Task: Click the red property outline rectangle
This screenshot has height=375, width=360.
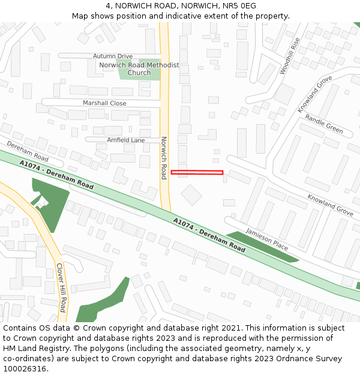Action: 197,173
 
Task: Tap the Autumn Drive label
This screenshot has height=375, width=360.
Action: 113,56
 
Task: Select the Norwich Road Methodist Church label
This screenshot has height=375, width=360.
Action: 139,69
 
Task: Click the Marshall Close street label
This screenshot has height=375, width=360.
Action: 104,103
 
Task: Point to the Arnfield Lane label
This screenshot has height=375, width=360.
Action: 126,140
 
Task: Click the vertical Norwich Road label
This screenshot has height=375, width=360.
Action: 163,158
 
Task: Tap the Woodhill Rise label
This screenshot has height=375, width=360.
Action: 289,56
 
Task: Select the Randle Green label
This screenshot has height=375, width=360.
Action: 323,124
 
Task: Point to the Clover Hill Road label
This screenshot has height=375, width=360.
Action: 60,287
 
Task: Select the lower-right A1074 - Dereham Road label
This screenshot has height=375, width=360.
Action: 209,235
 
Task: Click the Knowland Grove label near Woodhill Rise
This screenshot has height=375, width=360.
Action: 314,94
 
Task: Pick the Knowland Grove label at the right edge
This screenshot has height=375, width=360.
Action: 330,205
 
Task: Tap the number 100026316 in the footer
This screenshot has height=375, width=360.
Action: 25,368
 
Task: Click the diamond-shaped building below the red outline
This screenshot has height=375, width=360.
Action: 191,195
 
